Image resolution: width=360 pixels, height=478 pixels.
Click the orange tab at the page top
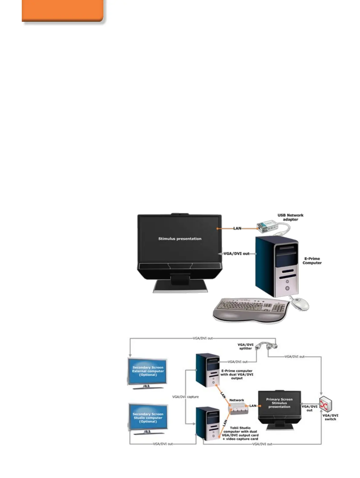[63, 11]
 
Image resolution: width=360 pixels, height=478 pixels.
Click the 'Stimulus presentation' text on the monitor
[180, 239]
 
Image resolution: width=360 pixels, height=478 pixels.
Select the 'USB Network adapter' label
[290, 217]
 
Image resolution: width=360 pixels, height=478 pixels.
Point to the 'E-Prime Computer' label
[312, 261]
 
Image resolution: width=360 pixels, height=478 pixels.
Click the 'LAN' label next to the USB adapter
[237, 228]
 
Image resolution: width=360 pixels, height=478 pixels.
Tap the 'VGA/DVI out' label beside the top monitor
[236, 254]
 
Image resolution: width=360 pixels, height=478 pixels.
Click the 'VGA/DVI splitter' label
[245, 346]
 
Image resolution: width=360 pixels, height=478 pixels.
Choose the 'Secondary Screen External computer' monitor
[148, 372]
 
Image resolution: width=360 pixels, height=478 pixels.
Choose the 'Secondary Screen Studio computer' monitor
[148, 418]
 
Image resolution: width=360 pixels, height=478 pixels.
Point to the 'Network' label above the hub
[236, 400]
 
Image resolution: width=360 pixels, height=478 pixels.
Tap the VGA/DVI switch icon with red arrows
[326, 404]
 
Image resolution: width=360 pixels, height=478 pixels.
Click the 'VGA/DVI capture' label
[185, 397]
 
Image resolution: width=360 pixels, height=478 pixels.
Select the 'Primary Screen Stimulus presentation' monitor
[279, 405]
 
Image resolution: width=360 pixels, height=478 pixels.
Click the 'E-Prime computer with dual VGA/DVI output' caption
[237, 374]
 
